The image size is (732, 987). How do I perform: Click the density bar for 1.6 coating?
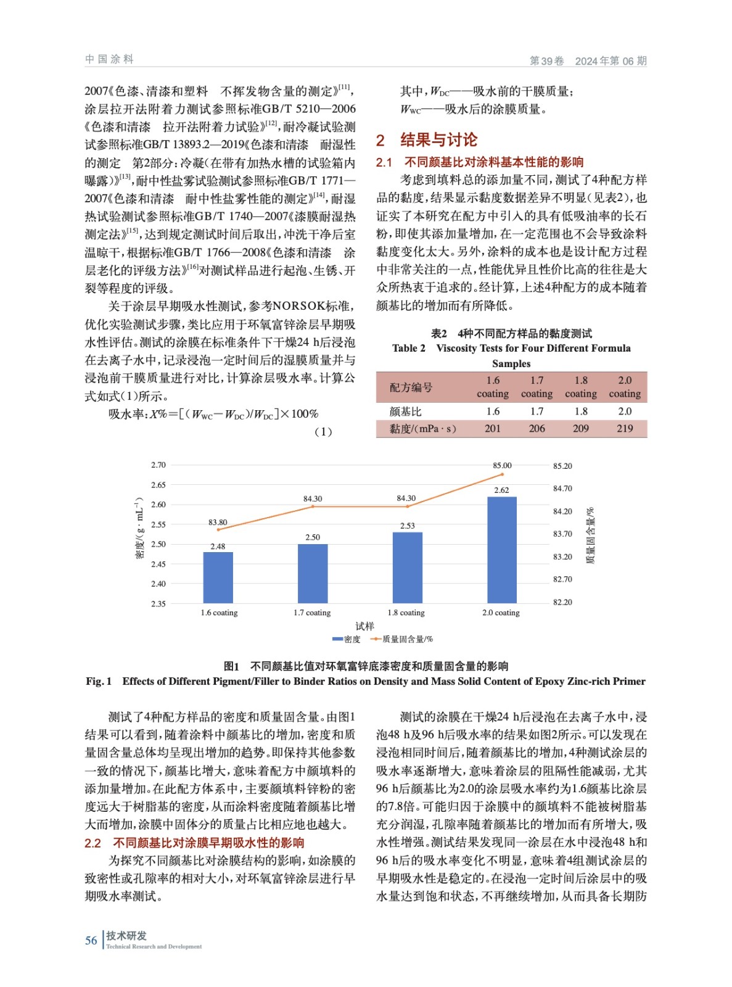point(218,577)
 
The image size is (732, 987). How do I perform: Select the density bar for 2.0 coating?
point(502,550)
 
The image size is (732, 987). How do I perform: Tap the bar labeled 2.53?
point(407,568)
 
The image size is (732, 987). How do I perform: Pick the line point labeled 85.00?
point(502,474)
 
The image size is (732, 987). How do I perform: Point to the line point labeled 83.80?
point(218,529)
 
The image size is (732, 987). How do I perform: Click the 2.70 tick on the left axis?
point(158,465)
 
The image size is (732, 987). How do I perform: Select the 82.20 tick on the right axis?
point(562,602)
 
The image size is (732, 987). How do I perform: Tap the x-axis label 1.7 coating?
point(312,613)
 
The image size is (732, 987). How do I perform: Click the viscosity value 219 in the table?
point(625,429)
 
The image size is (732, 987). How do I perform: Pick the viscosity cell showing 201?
point(492,429)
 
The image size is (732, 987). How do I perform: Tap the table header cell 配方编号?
point(411,387)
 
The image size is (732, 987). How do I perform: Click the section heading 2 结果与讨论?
point(427,140)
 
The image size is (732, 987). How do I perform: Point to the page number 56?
point(91,940)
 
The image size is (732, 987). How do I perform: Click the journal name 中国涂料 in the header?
point(109,59)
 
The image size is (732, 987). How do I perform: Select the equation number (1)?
point(323,432)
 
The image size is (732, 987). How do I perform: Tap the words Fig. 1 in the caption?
point(99,681)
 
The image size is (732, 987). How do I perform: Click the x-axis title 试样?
point(364,626)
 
